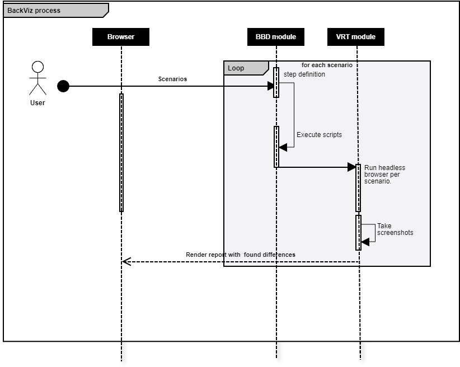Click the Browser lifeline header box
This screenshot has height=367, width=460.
coord(121,37)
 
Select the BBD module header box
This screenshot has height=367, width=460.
coord(276,37)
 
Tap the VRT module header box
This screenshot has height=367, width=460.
coord(356,37)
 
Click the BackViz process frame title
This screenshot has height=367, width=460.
coord(34,11)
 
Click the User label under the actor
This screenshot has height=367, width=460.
coord(37,103)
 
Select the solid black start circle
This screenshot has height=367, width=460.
coord(63,86)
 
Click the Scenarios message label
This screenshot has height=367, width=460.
coord(172,79)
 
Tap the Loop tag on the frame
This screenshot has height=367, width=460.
coord(236,68)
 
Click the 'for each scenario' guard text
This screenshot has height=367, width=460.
coord(327,65)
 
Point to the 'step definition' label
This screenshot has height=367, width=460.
coord(304,74)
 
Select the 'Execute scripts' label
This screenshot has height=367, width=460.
coord(319,135)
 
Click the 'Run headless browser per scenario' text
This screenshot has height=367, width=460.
coord(384,174)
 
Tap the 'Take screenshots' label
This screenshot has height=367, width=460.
coord(395,229)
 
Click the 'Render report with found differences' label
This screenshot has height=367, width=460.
coord(240,255)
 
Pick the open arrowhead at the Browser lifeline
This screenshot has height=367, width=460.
coord(126,261)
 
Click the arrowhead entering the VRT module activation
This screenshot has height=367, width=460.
coord(351,167)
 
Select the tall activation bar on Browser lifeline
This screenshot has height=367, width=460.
coord(121,153)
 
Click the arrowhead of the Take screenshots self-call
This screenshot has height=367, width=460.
coord(365,241)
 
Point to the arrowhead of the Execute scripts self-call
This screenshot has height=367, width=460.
coord(283,147)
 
